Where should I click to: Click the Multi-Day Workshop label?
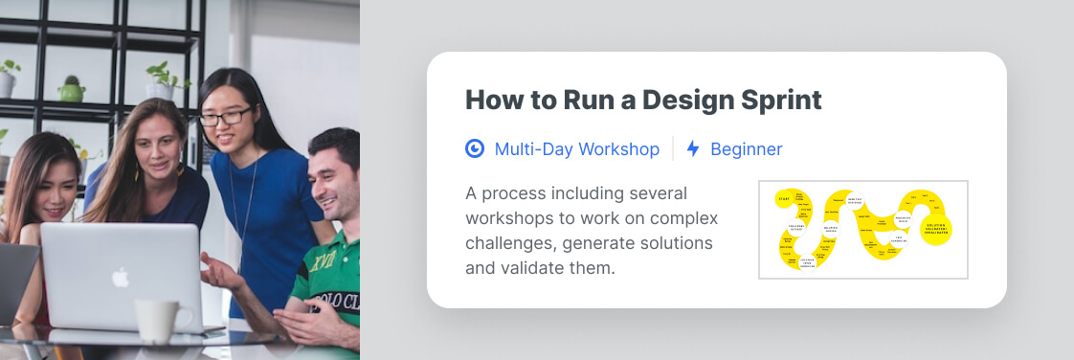coord(576,149)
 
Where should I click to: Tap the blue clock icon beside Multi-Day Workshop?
coord(475,148)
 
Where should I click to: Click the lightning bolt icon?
coord(693,149)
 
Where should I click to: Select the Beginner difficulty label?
coord(746,149)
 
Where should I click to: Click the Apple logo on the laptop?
coord(120,278)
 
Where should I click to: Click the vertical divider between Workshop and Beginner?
coord(673,149)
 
